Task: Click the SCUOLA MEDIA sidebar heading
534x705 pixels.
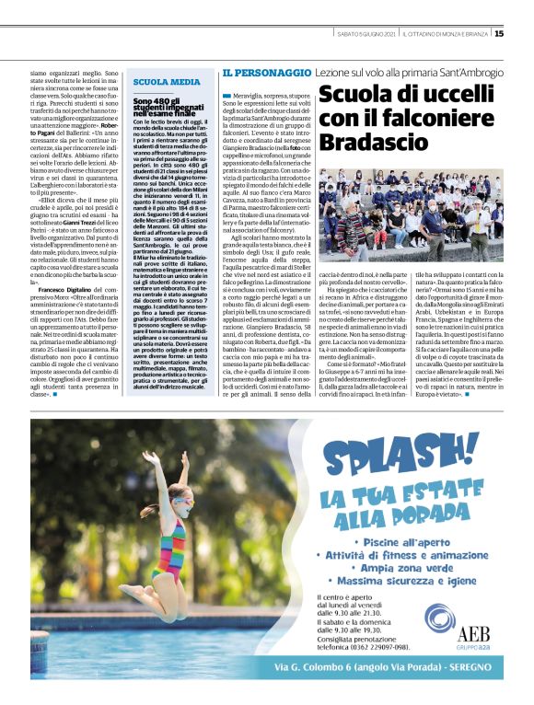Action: click(x=166, y=82)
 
